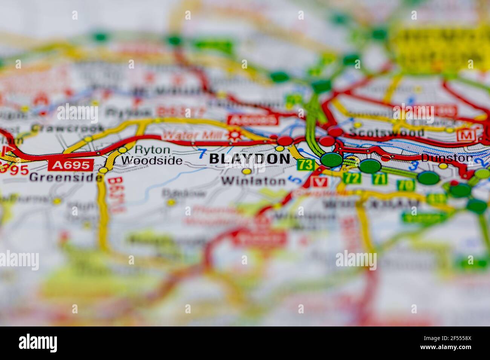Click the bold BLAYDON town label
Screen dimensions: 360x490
click(x=250, y=159)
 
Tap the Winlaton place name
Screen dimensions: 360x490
click(x=253, y=181)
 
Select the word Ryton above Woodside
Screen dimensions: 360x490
click(x=147, y=149)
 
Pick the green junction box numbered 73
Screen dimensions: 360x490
click(x=305, y=165)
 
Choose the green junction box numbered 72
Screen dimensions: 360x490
click(x=351, y=178)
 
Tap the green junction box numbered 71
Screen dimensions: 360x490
click(x=379, y=178)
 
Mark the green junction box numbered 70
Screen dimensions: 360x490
click(x=405, y=185)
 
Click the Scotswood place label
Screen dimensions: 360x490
click(x=386, y=133)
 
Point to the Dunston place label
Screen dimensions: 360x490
click(x=447, y=158)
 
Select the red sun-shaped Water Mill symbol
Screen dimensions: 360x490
click(x=237, y=135)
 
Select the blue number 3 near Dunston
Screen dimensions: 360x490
click(x=414, y=165)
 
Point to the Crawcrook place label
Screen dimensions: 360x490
click(x=67, y=128)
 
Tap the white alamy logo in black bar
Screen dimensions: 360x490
click(x=38, y=343)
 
